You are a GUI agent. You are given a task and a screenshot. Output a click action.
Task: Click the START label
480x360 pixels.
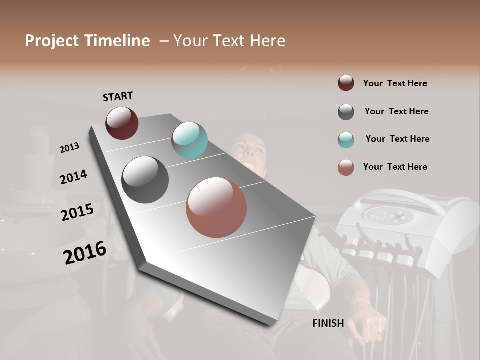pos(118,96)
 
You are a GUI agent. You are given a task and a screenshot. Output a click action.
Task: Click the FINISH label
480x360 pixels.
pos(328,323)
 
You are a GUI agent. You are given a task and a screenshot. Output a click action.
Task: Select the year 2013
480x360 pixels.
pos(69,148)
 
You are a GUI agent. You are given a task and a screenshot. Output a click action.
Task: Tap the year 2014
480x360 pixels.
pos(73,177)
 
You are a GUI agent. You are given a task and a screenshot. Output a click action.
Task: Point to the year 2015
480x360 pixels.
pos(77,212)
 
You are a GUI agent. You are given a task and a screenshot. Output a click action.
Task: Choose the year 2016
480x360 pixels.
pos(85,253)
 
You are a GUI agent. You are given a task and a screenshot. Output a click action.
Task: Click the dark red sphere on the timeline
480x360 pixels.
pos(122,123)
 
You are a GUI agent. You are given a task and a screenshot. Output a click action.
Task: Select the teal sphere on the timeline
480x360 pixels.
pos(189,140)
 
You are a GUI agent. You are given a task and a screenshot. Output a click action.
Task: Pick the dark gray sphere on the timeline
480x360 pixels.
pos(145,179)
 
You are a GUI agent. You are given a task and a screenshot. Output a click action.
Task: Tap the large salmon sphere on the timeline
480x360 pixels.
pos(216,207)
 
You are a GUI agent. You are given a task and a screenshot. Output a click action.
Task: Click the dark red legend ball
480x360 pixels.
pos(346,83)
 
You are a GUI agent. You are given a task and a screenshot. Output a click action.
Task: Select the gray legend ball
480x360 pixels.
pos(346,112)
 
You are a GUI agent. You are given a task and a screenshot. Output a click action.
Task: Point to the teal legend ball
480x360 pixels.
pos(346,140)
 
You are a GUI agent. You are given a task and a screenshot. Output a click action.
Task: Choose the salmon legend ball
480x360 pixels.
pos(346,167)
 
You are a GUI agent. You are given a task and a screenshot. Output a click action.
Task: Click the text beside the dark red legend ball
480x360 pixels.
pos(395,83)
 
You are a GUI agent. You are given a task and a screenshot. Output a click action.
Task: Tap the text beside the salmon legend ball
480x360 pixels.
pos(395,167)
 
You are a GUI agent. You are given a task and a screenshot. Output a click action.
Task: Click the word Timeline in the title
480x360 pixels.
pos(117,41)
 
